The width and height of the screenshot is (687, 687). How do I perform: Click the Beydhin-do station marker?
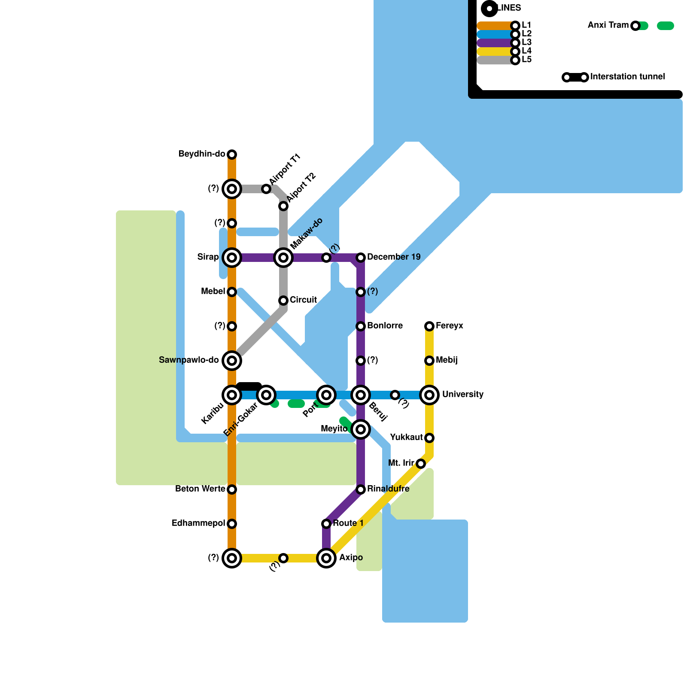[x=232, y=155]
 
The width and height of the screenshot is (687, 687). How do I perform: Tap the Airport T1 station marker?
[x=266, y=189]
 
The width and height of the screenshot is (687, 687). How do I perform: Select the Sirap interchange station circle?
[x=232, y=258]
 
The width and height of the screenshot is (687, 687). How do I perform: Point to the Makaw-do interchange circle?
[x=283, y=258]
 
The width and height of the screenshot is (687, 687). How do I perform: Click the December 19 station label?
[x=394, y=257]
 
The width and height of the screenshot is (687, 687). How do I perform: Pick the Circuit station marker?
[x=283, y=301]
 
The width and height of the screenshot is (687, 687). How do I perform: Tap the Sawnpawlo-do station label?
[x=189, y=360]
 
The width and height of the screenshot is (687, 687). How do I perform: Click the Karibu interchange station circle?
[x=232, y=395]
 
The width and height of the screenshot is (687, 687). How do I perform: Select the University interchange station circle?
[x=429, y=395]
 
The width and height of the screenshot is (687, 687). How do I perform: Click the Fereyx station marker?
[x=429, y=326]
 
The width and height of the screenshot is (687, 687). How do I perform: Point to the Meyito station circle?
[x=361, y=429]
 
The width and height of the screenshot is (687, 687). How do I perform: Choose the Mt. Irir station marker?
[x=421, y=464]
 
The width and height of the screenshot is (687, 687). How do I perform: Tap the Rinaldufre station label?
[x=388, y=489]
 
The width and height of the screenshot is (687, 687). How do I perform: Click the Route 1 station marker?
[x=326, y=524]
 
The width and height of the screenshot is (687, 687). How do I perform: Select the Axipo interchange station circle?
[x=326, y=558]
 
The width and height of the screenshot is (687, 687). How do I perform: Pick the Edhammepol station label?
[x=198, y=523]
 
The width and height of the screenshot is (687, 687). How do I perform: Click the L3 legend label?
[x=527, y=43]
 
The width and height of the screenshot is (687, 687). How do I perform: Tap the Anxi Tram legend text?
[x=608, y=25]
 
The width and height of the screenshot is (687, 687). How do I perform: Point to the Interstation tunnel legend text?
[x=628, y=77]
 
